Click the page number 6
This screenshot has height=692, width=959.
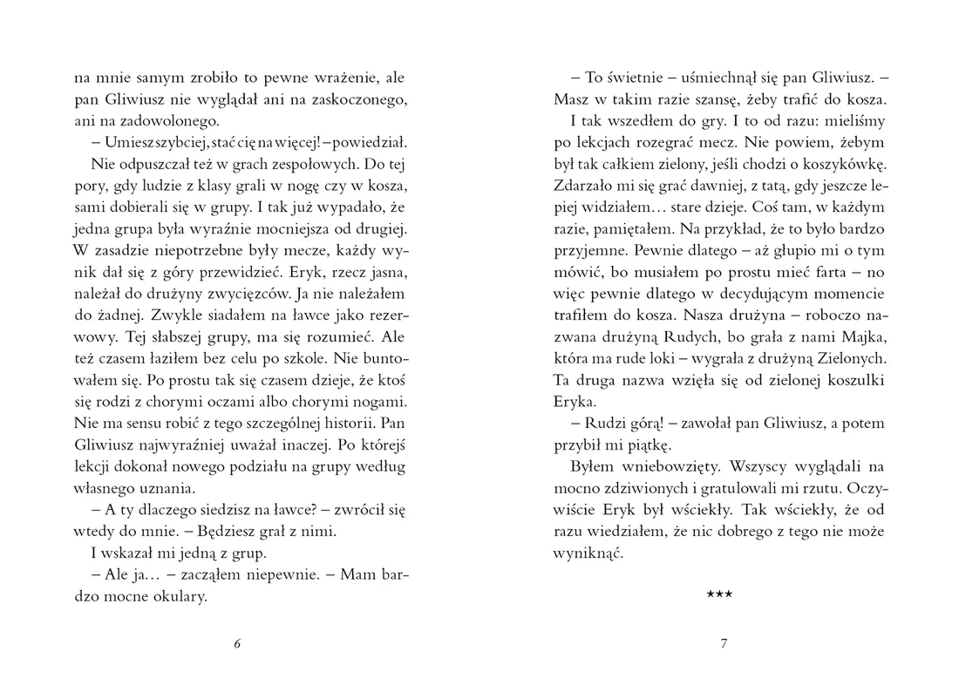pos(238,644)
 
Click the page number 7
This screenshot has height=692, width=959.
pos(723,644)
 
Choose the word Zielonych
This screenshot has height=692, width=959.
pos(853,357)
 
